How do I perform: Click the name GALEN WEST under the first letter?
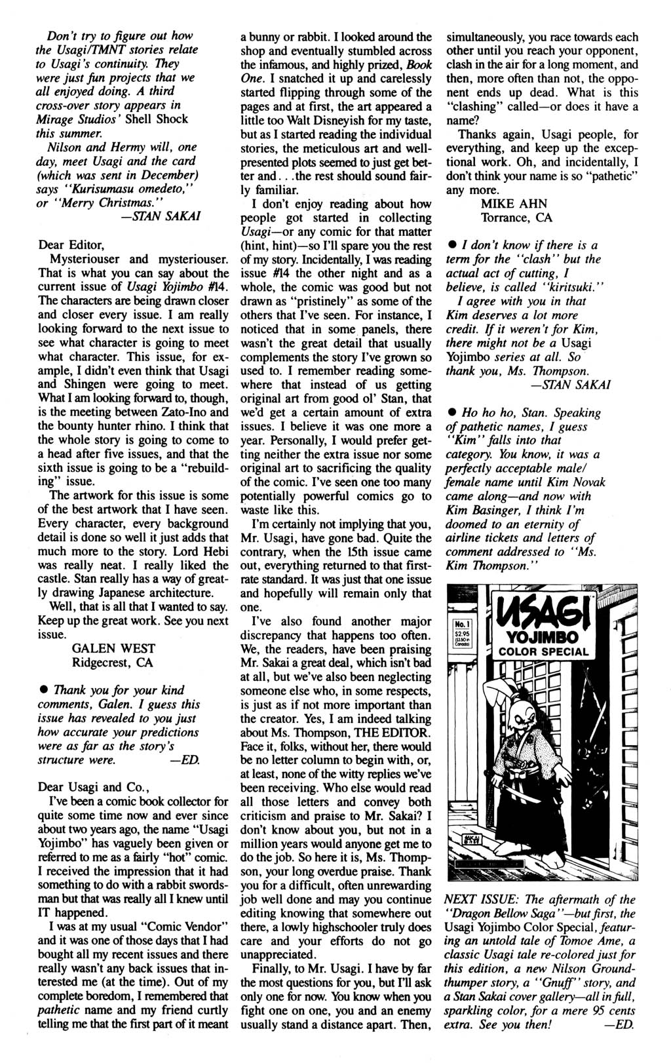pos(113,648)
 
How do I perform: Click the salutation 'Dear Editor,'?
pos(71,245)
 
